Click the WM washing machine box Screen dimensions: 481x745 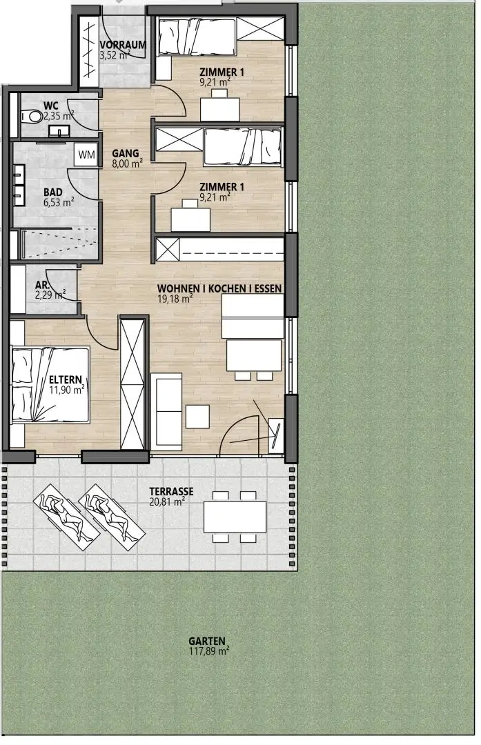coord(86,155)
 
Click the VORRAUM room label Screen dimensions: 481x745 coord(123,45)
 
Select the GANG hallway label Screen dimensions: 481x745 coord(126,153)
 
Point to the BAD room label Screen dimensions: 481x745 coord(52,192)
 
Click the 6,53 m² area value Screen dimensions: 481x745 coord(59,202)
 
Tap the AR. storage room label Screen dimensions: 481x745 coord(42,285)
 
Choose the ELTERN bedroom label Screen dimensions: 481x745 coord(66,379)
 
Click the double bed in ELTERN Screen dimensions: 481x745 coord(50,385)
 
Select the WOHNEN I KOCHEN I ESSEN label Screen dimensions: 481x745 coord(219,288)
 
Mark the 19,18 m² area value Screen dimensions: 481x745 coord(175,299)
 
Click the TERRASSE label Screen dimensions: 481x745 coord(171,491)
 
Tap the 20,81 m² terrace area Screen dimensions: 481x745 coord(167,501)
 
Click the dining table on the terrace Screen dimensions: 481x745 coord(235,517)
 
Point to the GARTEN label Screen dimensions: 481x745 coord(207,641)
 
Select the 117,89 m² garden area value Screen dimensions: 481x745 coord(209,651)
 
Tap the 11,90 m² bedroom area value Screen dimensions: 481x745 coord(67,390)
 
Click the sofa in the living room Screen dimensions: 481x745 coord(166,411)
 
